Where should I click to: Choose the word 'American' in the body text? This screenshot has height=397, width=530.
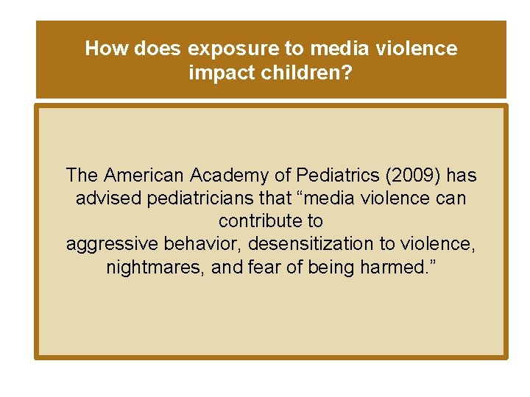click(x=144, y=176)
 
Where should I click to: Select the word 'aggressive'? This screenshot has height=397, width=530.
click(x=108, y=244)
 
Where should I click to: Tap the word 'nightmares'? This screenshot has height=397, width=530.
click(x=155, y=268)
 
